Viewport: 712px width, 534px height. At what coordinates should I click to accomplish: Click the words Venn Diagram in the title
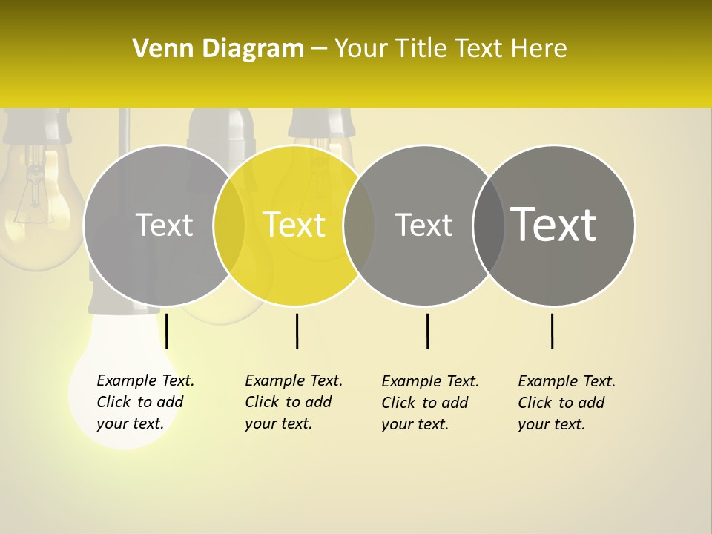click(x=218, y=49)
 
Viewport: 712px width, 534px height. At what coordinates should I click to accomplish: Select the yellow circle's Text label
click(x=294, y=225)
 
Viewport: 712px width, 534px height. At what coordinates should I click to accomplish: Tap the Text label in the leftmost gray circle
click(x=164, y=225)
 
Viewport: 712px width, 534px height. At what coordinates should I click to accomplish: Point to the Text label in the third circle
click(x=423, y=225)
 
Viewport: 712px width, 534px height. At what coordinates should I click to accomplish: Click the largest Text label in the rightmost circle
click(x=554, y=225)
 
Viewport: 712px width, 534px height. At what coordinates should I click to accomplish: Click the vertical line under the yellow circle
click(x=297, y=331)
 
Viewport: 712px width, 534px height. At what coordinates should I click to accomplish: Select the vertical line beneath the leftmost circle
click(x=166, y=331)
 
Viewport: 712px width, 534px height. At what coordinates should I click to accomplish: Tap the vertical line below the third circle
click(x=427, y=331)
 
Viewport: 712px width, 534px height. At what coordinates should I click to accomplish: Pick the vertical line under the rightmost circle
click(x=552, y=331)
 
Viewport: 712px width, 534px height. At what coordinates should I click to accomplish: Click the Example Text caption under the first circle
click(x=145, y=402)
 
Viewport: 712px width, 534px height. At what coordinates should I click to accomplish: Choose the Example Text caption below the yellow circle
click(x=294, y=402)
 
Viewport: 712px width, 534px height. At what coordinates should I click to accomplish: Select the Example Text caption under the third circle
click(x=430, y=403)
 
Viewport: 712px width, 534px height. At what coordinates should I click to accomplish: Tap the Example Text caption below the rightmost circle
click(x=567, y=403)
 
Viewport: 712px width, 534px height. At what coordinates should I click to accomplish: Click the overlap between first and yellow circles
click(x=229, y=225)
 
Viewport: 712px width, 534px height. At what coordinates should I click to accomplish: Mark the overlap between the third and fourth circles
click(x=489, y=225)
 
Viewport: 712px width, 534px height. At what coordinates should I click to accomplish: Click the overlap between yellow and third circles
click(x=359, y=225)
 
